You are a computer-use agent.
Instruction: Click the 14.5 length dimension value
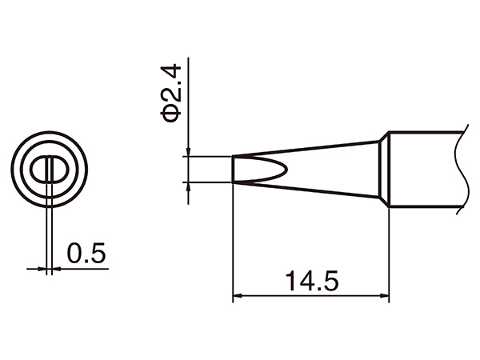click(x=310, y=282)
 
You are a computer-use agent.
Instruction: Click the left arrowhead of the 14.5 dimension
click(x=237, y=298)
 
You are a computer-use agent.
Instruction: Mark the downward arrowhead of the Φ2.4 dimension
click(x=187, y=153)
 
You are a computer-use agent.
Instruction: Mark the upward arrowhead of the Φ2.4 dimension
click(x=187, y=187)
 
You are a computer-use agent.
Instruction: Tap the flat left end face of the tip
click(x=233, y=170)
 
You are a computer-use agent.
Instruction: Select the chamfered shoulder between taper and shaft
click(x=383, y=170)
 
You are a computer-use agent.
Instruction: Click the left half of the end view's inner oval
click(x=40, y=170)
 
